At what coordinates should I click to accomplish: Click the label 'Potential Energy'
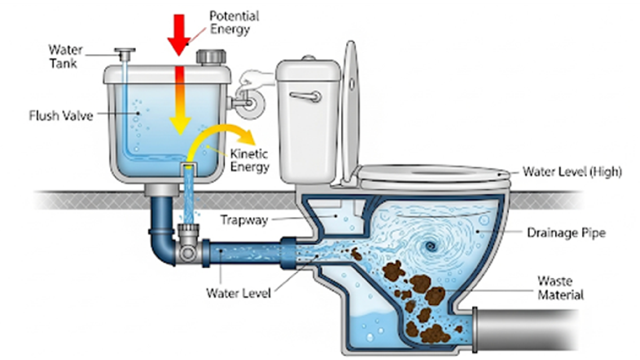click(x=234, y=23)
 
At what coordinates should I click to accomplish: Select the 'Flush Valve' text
click(x=61, y=115)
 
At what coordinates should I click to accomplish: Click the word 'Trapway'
click(x=244, y=220)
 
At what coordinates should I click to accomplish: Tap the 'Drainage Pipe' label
click(x=566, y=233)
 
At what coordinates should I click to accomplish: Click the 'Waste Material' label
click(x=560, y=288)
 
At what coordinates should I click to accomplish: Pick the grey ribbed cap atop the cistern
click(x=211, y=57)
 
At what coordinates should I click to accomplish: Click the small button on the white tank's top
click(x=309, y=59)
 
